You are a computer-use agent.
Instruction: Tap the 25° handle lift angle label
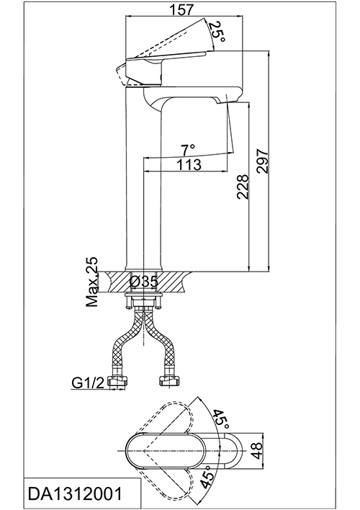point(217,32)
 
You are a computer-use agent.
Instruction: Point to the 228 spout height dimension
point(242,187)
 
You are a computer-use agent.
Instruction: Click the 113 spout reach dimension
point(189,164)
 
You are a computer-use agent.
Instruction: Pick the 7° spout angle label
point(189,151)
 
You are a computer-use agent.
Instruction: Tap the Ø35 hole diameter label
point(144,282)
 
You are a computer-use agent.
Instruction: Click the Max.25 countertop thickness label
point(92,282)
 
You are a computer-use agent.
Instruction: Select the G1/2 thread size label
point(87,383)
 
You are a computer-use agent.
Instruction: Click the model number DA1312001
point(76,493)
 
